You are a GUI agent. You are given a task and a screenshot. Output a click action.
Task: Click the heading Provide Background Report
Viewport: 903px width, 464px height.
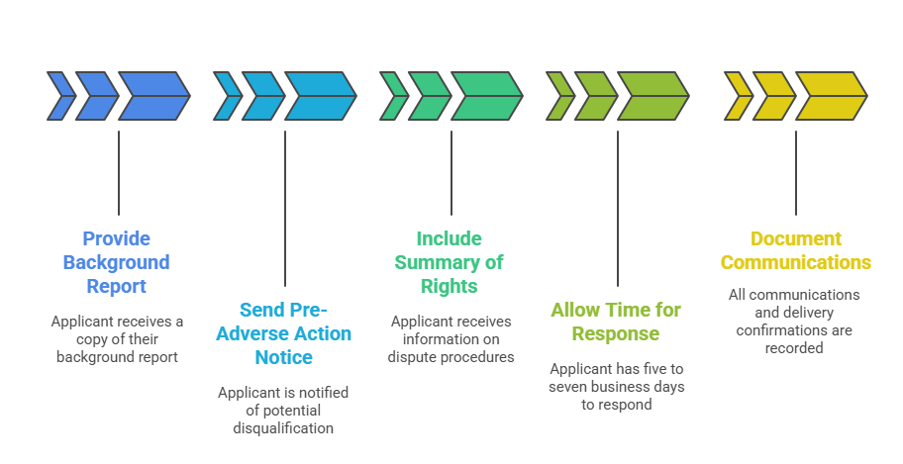[x=116, y=262]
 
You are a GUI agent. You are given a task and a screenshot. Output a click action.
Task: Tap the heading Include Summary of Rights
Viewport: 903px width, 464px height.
[x=450, y=262]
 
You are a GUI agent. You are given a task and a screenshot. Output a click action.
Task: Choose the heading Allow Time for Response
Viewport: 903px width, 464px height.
[x=616, y=322]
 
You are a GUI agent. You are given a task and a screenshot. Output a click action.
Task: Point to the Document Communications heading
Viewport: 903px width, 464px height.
[x=795, y=250]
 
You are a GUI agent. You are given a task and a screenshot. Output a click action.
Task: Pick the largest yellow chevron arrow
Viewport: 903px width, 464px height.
[x=831, y=96]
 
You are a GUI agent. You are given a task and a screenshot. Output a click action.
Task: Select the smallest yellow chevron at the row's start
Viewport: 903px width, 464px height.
[x=738, y=96]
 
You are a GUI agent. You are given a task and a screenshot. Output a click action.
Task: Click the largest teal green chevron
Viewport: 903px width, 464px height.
[x=486, y=96]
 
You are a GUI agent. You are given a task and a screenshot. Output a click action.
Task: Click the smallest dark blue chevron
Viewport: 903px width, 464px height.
[x=60, y=96]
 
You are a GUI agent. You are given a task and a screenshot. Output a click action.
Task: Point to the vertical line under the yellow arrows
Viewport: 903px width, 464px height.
[x=796, y=173]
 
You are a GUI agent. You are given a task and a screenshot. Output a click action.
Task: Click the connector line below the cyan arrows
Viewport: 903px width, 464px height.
[x=285, y=208]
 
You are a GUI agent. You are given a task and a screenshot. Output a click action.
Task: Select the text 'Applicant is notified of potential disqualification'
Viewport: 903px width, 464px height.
[x=283, y=410]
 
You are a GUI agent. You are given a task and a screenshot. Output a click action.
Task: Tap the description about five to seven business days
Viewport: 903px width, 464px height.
[x=616, y=386]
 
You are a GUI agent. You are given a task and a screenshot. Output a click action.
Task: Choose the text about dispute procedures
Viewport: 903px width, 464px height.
[x=451, y=338]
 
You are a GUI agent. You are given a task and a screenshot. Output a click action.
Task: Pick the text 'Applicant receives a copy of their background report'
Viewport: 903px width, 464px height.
[x=117, y=338]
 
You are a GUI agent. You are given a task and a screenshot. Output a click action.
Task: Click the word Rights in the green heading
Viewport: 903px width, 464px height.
[x=450, y=287]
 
